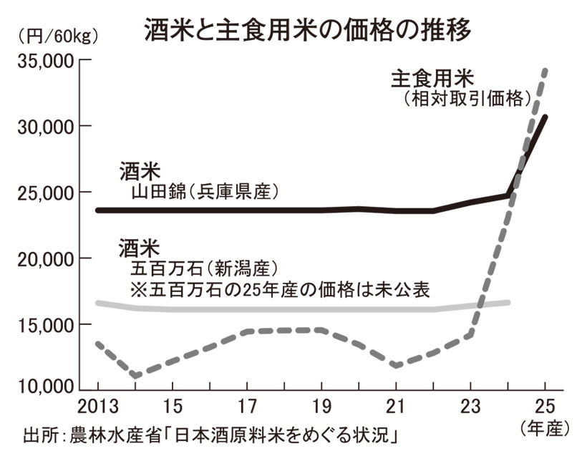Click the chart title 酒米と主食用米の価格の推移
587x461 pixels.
pyautogui.click(x=308, y=29)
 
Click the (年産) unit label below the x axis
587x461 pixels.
pyautogui.click(x=545, y=430)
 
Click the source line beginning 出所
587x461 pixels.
pyautogui.click(x=211, y=435)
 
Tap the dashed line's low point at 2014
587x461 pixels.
pyautogui.click(x=135, y=375)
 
